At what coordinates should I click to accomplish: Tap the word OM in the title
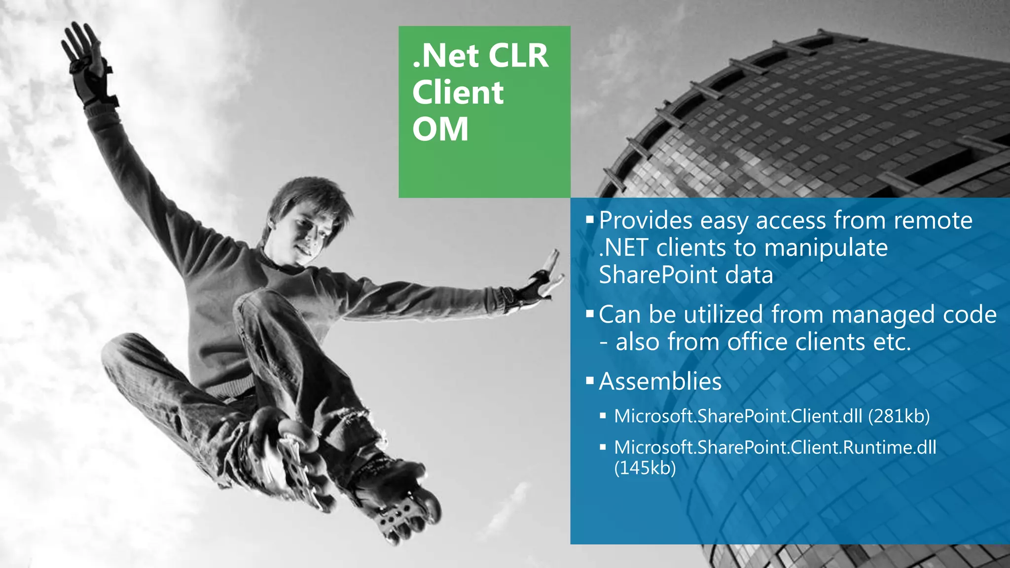point(440,130)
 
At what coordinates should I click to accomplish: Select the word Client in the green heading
point(458,93)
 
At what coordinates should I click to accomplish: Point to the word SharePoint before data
point(658,275)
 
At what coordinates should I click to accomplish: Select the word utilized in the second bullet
point(723,315)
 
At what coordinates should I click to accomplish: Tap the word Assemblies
point(660,381)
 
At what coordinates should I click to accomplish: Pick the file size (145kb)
point(645,467)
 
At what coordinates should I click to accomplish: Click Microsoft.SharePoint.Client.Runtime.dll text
point(775,447)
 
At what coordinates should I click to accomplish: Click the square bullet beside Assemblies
point(590,381)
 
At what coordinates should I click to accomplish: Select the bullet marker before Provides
point(590,219)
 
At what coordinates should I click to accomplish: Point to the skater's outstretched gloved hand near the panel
point(542,279)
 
